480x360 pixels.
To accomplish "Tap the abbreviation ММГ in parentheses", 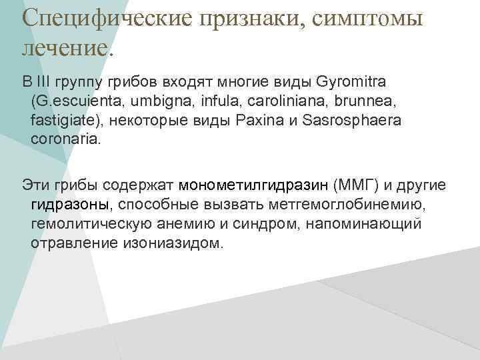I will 350,183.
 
